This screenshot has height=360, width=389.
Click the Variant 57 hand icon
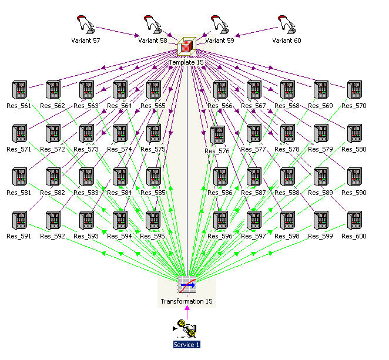(86, 25)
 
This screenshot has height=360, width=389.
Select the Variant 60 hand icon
(287, 25)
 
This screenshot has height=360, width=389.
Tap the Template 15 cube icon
(187, 46)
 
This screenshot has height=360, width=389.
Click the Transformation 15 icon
(187, 285)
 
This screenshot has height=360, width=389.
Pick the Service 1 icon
(187, 329)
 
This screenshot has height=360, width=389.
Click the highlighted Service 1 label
(187, 345)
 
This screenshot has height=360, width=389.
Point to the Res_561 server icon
(20, 90)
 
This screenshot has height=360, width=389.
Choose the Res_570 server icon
(354, 90)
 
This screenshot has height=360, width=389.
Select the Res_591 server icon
(20, 220)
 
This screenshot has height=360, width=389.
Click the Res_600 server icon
(354, 220)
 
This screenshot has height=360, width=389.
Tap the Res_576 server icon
(217, 136)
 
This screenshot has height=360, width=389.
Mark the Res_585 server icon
(153, 177)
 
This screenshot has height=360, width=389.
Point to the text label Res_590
(354, 193)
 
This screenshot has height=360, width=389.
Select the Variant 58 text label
(153, 41)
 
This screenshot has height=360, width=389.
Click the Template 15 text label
(186, 62)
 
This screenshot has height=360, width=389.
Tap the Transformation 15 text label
(187, 302)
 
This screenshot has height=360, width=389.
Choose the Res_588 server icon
(287, 177)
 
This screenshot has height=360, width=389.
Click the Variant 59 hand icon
(220, 25)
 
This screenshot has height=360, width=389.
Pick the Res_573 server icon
(86, 133)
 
